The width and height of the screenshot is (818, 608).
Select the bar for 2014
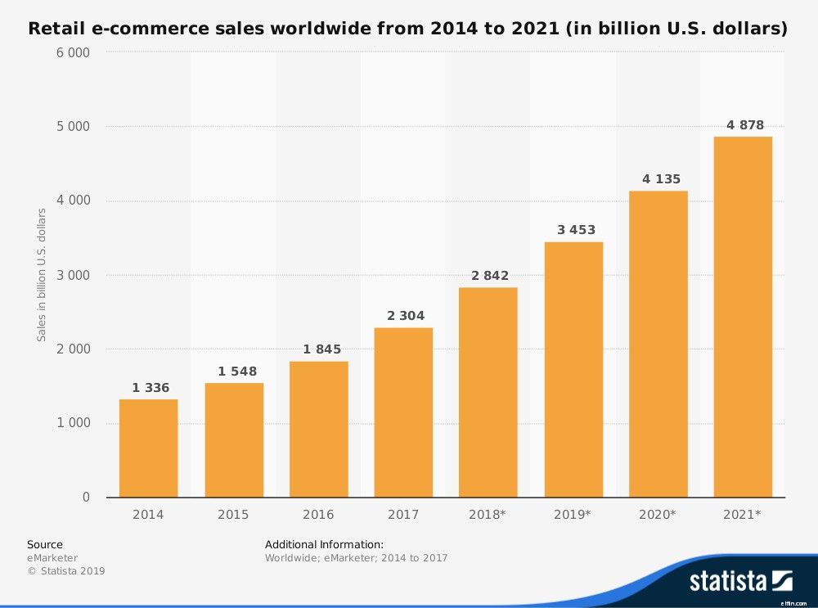tap(148, 448)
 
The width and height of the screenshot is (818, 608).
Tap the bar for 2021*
tap(743, 317)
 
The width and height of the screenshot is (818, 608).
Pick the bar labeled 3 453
tap(573, 370)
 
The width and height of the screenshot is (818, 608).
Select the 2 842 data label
tap(488, 276)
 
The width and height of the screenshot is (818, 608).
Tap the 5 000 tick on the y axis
tap(74, 127)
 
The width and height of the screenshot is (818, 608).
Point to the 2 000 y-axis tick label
tap(74, 349)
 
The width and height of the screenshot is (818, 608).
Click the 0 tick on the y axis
tap(86, 498)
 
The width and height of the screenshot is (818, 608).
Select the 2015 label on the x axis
tap(234, 515)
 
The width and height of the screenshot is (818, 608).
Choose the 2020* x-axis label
tap(658, 515)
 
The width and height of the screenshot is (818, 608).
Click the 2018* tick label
tap(488, 515)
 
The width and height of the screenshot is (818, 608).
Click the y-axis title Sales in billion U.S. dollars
tap(42, 275)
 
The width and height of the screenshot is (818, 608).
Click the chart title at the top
tap(408, 29)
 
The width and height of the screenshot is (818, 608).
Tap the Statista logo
tap(740, 581)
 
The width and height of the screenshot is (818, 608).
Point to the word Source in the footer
tap(45, 544)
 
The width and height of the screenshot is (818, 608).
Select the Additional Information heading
tap(324, 544)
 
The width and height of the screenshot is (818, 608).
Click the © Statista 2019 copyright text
tap(66, 571)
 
